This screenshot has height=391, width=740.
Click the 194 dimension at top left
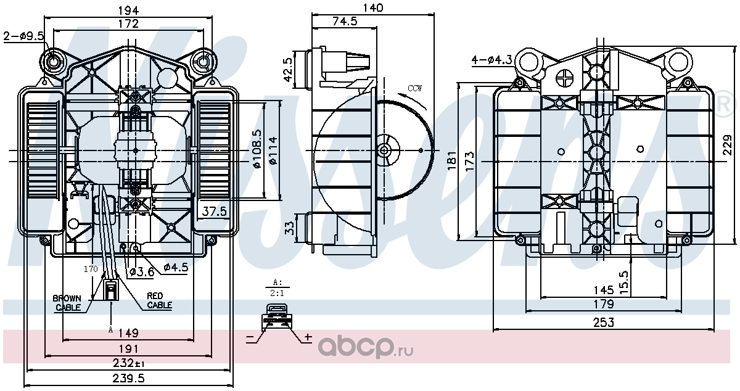[128, 10]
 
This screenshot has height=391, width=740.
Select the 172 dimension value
[128, 24]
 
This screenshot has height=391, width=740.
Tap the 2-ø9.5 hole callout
[24, 36]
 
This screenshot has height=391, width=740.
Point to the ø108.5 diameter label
[257, 149]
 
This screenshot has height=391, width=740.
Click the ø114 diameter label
[273, 150]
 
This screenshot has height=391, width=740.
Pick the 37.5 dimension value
[215, 211]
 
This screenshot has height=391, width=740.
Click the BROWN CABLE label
[68, 303]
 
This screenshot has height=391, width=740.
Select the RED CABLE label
[159, 300]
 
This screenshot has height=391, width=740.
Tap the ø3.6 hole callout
[141, 272]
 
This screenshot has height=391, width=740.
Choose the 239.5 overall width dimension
[128, 378]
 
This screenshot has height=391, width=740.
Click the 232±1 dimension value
[128, 363]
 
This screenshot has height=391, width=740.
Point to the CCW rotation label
[414, 88]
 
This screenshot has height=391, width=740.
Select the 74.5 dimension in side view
[345, 21]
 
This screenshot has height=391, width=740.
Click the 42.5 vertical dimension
[288, 70]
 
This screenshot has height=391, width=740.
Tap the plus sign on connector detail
[308, 337]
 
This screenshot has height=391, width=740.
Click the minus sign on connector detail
[250, 337]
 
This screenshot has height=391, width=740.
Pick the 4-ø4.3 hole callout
[491, 60]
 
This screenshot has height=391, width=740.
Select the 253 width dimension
[604, 323]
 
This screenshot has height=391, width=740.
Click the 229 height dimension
[727, 144]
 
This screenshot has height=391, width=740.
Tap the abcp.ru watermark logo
[365, 347]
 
